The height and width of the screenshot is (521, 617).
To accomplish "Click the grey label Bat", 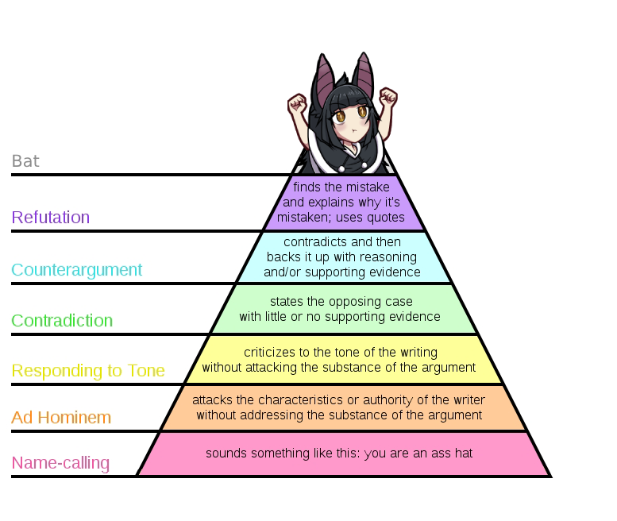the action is click(25, 161).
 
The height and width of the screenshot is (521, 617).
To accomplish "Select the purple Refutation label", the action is click(51, 217).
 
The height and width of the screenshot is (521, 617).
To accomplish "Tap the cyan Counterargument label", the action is click(77, 270).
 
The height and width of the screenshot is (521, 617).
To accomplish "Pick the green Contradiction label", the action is click(62, 320).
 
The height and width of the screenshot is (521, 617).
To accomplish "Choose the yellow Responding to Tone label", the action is click(88, 371).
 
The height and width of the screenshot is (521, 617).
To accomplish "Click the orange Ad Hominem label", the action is click(61, 417).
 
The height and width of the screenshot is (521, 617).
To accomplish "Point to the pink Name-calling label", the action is click(60, 463).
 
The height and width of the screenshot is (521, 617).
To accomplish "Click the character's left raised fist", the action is click(298, 103).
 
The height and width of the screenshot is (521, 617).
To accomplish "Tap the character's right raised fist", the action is click(388, 96).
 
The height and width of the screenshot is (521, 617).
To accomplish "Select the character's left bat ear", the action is click(324, 79).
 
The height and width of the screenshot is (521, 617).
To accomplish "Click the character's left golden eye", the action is click(341, 116).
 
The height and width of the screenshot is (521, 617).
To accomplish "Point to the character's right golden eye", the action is click(363, 111).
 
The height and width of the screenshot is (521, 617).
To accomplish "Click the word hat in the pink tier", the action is click(464, 453).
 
